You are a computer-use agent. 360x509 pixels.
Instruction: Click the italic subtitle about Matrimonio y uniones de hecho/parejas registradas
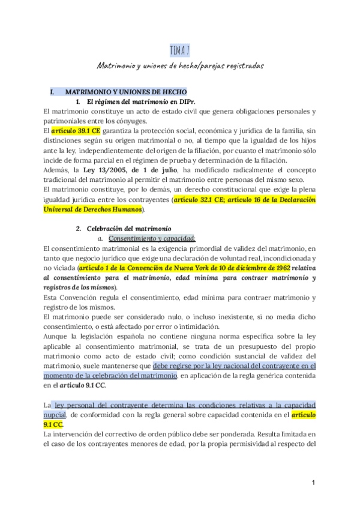click(x=180, y=64)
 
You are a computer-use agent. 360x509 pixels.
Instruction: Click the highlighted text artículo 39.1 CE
click(x=76, y=130)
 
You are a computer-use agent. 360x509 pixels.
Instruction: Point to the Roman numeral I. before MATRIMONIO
click(x=53, y=92)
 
